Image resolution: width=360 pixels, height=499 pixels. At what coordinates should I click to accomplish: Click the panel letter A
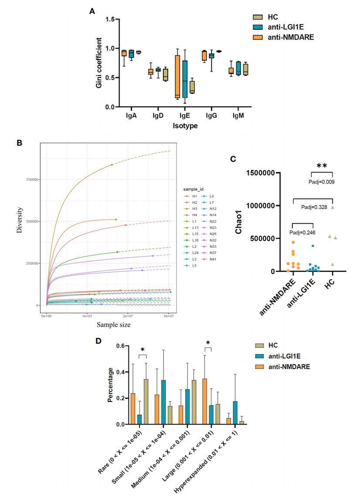[92, 11]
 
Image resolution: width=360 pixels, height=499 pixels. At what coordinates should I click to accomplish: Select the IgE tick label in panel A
[184, 116]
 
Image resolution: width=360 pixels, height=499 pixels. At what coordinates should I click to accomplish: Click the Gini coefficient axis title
[99, 63]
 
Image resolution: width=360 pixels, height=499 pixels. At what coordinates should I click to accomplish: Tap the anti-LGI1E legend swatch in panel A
[258, 27]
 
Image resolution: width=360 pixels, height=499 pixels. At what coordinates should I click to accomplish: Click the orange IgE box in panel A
[177, 76]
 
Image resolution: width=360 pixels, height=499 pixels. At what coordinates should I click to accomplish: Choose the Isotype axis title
[185, 126]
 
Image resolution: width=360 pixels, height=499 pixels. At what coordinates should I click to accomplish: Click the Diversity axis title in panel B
[20, 220]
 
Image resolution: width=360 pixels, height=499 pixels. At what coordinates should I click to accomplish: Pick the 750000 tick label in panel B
[32, 179]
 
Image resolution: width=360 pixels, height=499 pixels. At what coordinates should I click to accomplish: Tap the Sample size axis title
[113, 325]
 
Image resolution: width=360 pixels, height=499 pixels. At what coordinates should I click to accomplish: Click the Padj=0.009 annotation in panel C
[322, 182]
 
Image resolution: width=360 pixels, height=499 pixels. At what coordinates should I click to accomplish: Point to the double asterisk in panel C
[322, 166]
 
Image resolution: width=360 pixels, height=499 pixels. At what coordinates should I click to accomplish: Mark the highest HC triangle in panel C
[333, 207]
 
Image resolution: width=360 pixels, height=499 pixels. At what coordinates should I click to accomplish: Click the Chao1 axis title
[239, 222]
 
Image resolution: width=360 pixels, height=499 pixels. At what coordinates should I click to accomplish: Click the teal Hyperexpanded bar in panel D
[235, 413]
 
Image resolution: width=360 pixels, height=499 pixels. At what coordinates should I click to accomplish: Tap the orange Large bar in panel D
[204, 401]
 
